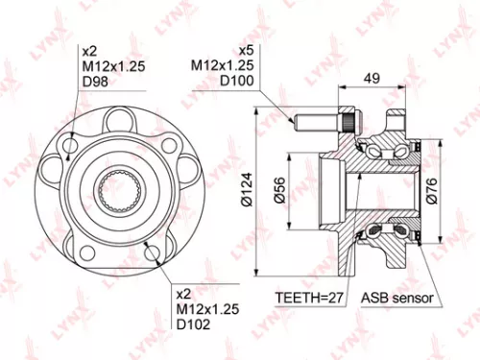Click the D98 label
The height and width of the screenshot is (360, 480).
[94, 83]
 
